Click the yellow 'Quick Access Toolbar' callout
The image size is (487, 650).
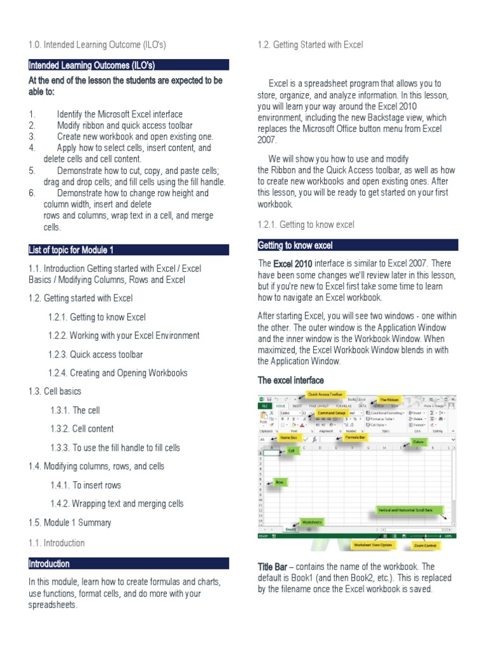(326, 394)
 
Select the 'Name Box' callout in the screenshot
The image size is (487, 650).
(289, 438)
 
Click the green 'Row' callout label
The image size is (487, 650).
(279, 483)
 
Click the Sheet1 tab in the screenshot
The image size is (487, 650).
(290, 528)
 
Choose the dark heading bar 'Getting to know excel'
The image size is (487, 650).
(358, 246)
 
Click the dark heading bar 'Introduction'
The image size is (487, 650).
(129, 564)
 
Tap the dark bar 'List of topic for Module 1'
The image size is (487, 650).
(129, 249)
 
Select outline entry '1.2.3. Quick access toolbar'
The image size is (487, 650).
(95, 354)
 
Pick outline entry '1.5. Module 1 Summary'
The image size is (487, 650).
(70, 522)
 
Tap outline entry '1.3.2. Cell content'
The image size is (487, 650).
(92, 428)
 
